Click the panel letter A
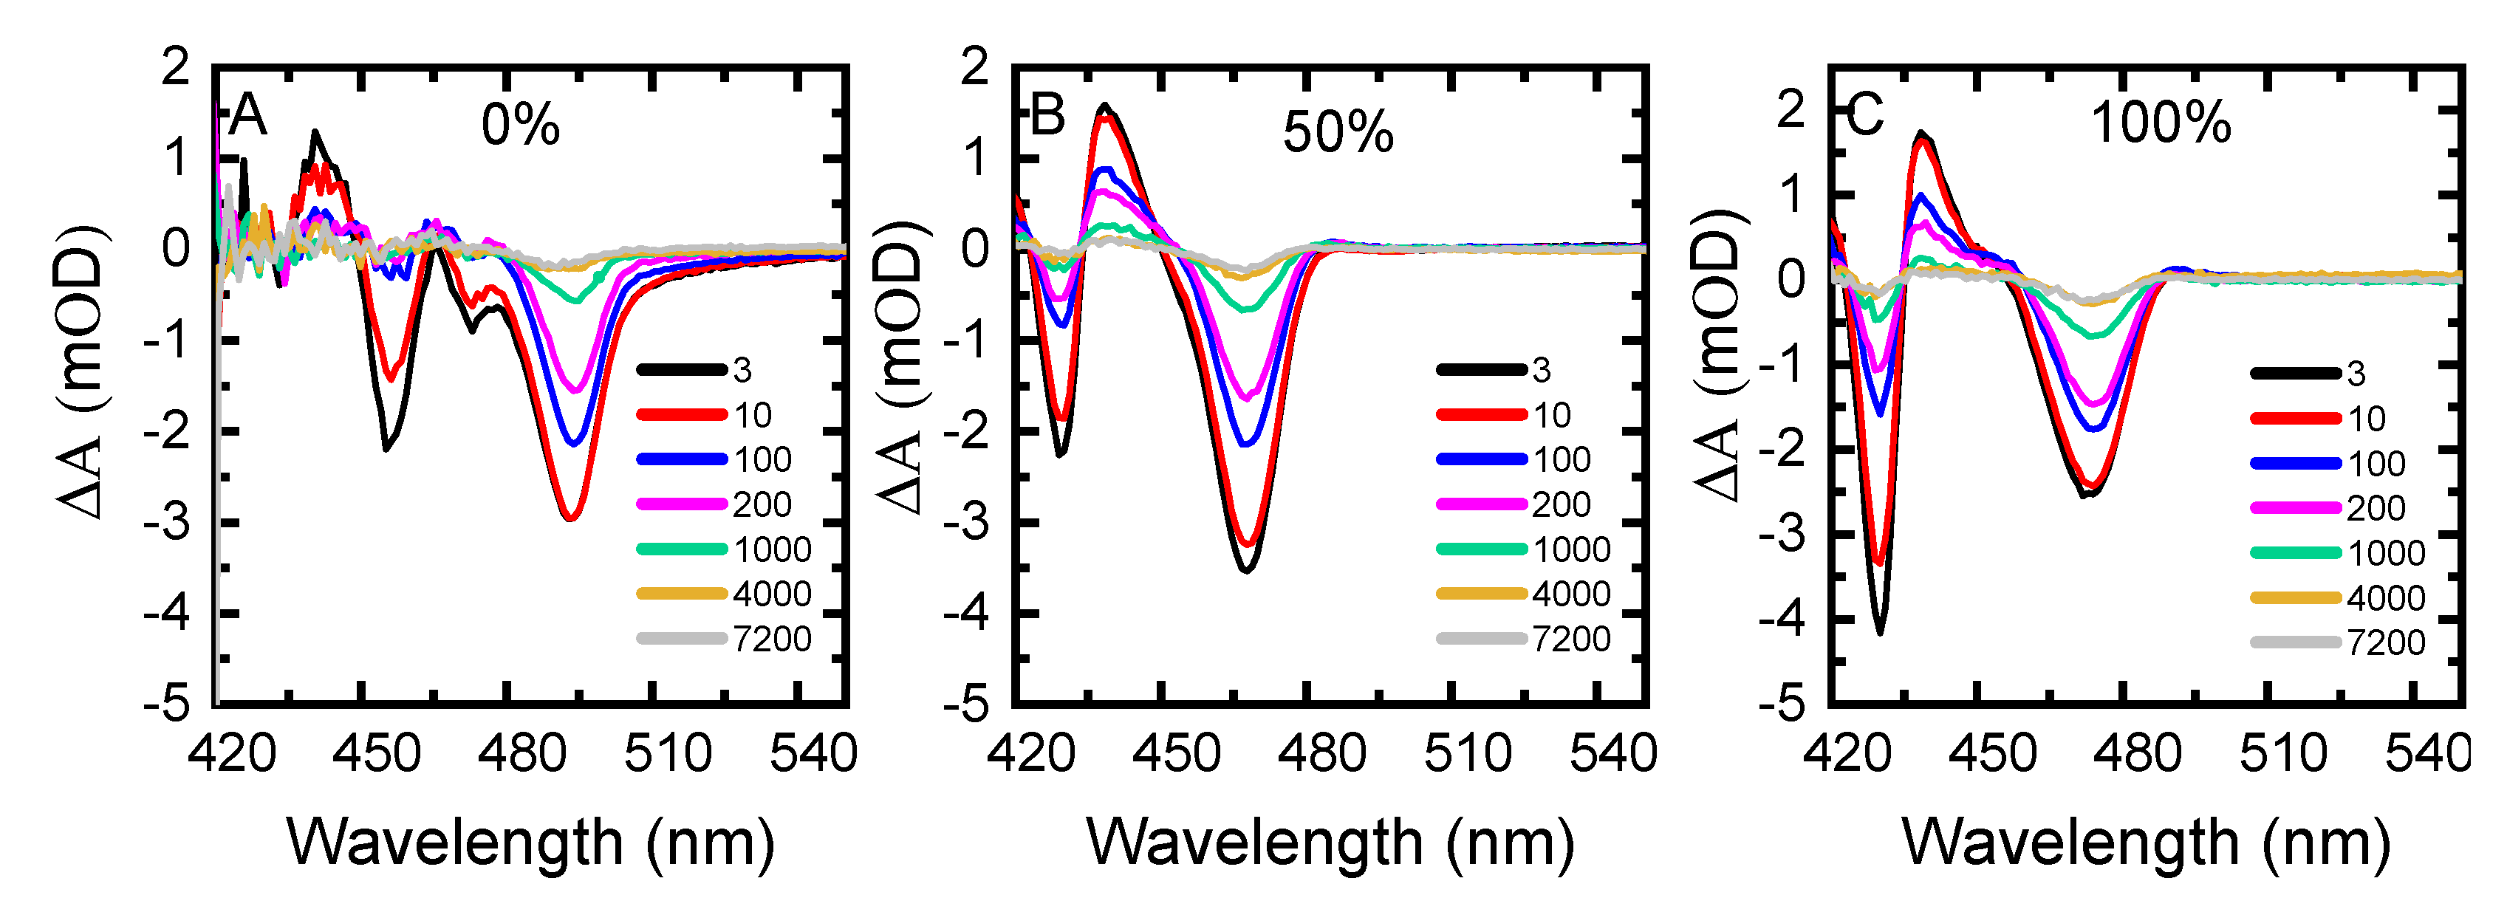pyautogui.click(x=247, y=116)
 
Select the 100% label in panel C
pyautogui.click(x=2160, y=123)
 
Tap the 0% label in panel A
pyautogui.click(x=521, y=126)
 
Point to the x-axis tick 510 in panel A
pyautogui.click(x=668, y=754)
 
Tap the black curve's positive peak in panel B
pyautogui.click(x=1104, y=105)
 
